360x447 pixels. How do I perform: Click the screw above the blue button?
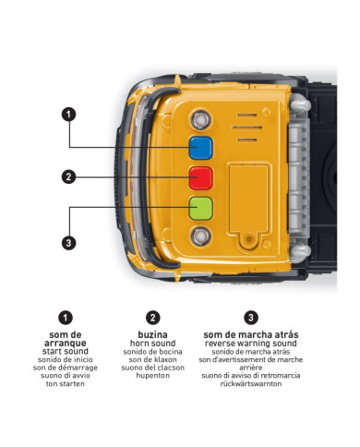point(198,119)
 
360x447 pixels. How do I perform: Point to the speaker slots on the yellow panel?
point(245,125)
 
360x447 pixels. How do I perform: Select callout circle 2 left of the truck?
point(67,176)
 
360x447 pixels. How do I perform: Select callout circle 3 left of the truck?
point(67,243)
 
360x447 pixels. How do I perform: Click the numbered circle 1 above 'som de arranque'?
point(66,317)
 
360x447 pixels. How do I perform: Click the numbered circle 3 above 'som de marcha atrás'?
point(252,317)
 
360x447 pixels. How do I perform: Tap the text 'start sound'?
point(66,353)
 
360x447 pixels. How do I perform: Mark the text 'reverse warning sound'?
point(252,344)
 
